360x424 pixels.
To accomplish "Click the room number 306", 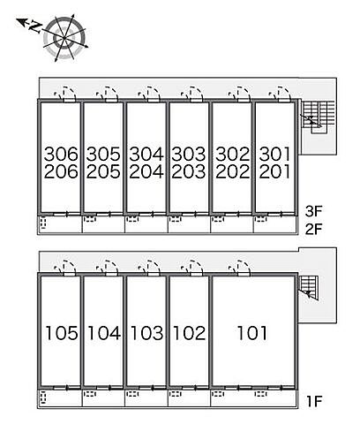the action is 61,154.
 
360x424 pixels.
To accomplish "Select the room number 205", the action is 103,171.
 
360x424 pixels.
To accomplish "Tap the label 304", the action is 146,154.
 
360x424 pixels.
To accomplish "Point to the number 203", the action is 189,171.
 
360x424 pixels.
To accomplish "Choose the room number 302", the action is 232,154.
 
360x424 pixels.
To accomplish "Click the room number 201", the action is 274,171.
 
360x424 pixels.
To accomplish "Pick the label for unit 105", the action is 62,333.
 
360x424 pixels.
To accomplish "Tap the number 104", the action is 104,333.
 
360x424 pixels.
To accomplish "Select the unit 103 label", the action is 146,333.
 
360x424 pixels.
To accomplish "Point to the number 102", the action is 189,333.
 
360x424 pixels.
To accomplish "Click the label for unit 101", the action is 252,333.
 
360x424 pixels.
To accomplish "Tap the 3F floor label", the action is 314,211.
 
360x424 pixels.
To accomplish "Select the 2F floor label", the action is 314,229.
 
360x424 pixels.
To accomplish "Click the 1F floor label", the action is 314,401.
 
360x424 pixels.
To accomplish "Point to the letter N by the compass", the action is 35,26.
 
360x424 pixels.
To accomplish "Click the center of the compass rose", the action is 64,38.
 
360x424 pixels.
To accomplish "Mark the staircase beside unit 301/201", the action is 319,117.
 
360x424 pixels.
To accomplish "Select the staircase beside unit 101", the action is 309,288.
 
